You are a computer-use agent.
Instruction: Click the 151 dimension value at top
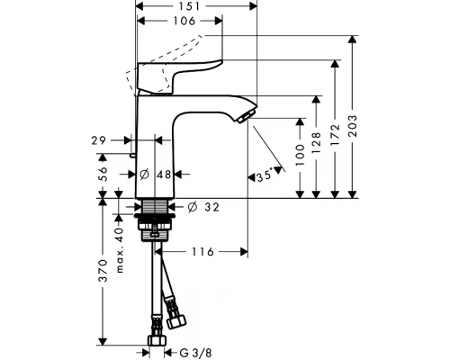tap(190, 6)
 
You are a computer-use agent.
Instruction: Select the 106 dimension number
tap(184, 21)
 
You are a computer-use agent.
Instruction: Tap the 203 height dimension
tap(354, 126)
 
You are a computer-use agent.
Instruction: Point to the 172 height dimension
tap(335, 135)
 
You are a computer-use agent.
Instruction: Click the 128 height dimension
tap(316, 142)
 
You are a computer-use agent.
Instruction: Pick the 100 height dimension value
tap(300, 155)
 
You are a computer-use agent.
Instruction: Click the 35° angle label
tap(265, 175)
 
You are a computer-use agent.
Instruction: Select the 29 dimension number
tap(99, 140)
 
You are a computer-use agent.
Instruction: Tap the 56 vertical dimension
tap(103, 174)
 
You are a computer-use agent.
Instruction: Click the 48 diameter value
tap(164, 175)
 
